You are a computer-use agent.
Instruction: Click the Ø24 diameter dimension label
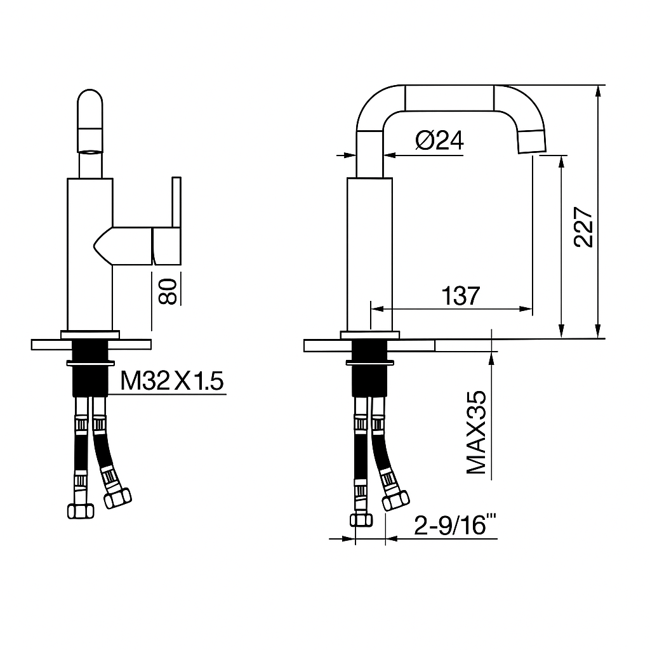pos(440,140)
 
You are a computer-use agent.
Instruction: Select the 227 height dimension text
pos(583,227)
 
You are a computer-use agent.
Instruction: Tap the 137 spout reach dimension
pos(461,296)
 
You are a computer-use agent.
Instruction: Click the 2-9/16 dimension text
pos(454,525)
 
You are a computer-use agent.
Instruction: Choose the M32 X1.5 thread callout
pos(172,381)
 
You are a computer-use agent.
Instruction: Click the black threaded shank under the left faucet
pos(90,378)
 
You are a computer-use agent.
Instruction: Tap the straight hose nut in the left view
pos(79,510)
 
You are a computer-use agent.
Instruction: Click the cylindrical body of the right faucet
pos(369,254)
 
